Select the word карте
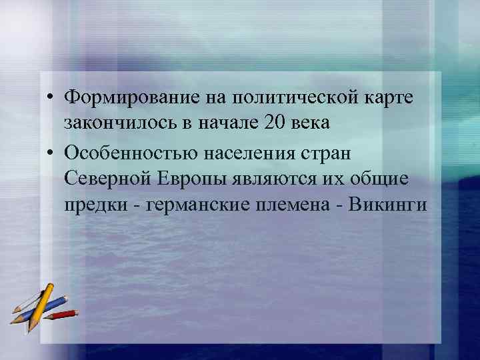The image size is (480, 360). pyautogui.click(x=389, y=97)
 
